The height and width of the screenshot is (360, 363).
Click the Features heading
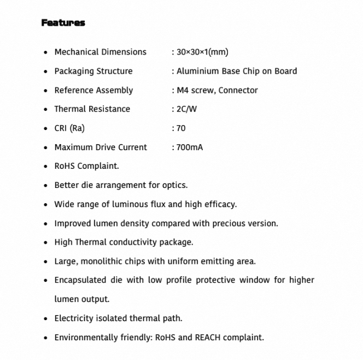click(63, 23)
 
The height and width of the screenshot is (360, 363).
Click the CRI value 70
click(180, 128)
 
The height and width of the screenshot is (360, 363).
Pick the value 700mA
click(189, 147)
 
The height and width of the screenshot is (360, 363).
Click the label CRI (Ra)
click(69, 128)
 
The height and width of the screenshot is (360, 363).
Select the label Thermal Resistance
click(92, 109)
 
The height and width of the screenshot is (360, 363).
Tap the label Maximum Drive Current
click(101, 147)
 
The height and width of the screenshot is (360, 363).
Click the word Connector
click(238, 90)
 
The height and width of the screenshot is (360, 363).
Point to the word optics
click(174, 185)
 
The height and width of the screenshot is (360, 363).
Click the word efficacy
click(219, 204)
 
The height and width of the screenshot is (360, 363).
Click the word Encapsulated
click(80, 280)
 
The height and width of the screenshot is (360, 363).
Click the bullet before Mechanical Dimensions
click(45, 52)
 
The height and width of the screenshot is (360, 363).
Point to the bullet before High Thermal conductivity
click(45, 243)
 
